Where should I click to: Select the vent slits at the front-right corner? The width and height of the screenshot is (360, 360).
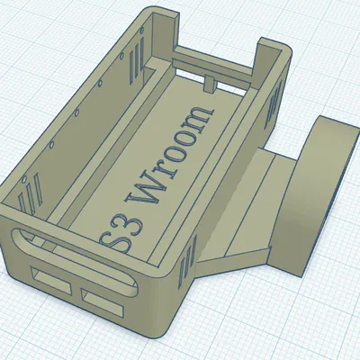(x=186, y=262)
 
